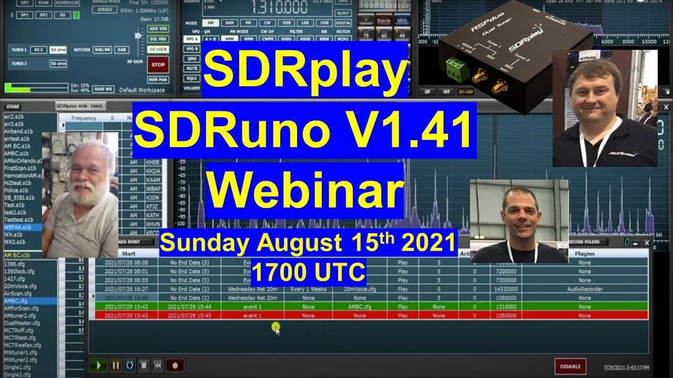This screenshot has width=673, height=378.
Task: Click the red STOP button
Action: pos(158,66)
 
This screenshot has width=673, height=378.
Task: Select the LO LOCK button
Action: pos(158,50)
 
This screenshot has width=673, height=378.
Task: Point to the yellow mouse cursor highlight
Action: pos(276,328)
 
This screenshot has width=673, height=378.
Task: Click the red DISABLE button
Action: pos(570,365)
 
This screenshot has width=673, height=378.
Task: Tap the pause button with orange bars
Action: pos(116,365)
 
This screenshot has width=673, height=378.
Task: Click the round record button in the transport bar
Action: pos(175,365)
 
